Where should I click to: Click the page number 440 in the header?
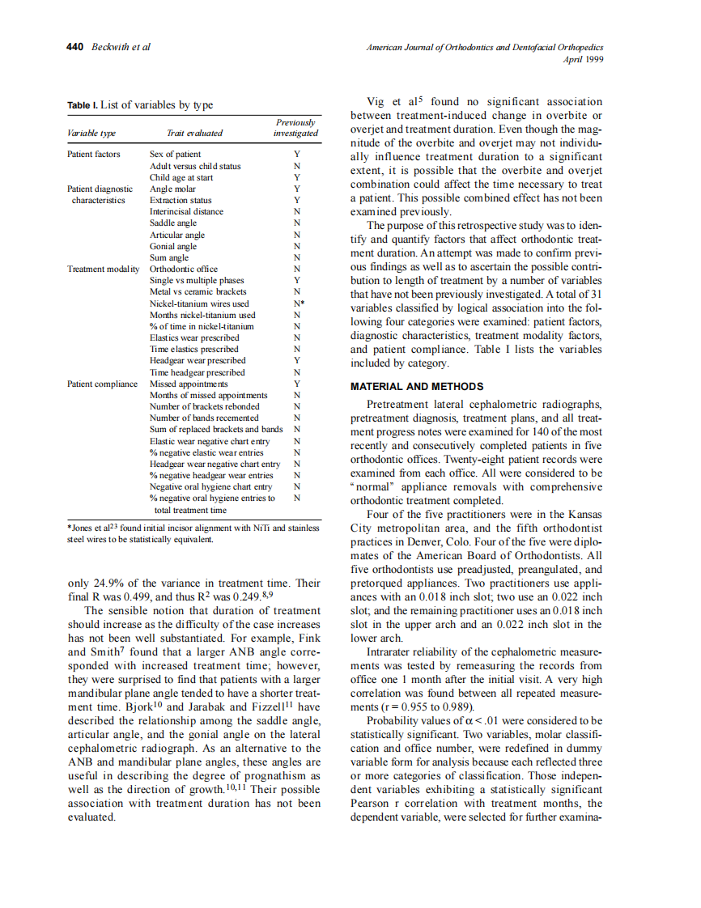pos(74,47)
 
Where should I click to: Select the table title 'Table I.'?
pos(83,105)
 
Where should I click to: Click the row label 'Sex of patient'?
pos(176,154)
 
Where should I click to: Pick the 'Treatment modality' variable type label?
pos(104,269)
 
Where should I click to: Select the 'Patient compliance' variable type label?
pos(102,384)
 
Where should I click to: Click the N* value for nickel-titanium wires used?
pos(298,303)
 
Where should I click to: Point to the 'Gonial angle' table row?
pos(172,246)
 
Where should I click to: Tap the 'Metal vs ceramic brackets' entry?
pos(198,291)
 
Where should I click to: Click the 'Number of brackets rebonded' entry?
pos(205,406)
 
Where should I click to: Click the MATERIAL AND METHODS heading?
pos(417,386)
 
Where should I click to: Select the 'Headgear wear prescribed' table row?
pos(198,360)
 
